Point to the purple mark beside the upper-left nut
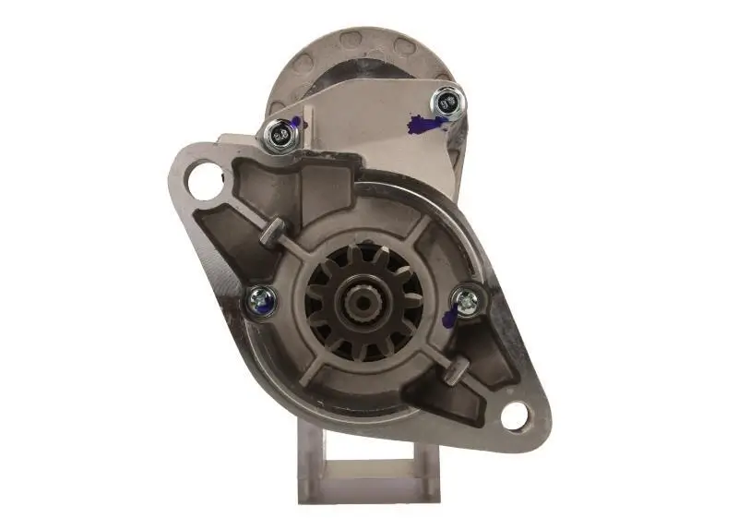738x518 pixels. (x=296, y=123)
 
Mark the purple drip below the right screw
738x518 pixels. (x=449, y=319)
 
